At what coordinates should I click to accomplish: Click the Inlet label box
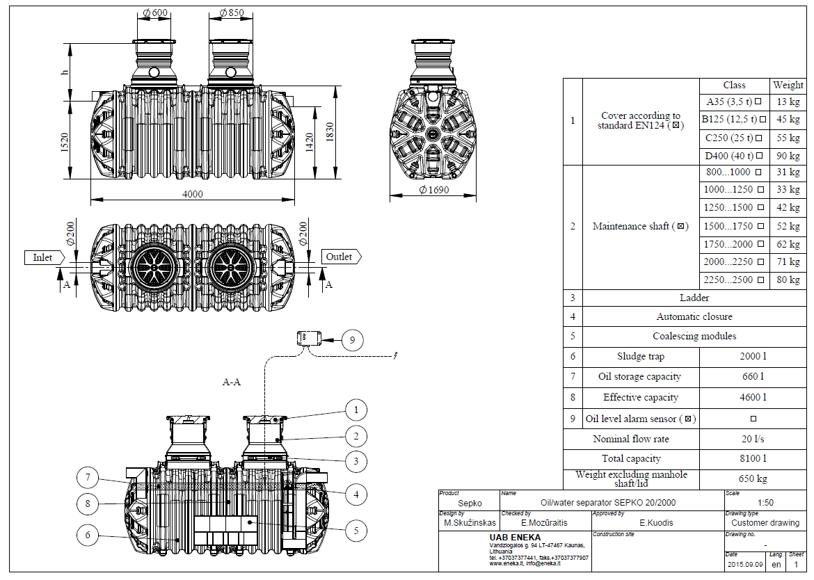click(43, 257)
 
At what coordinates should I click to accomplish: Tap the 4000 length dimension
click(192, 195)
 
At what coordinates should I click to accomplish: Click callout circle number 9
click(352, 339)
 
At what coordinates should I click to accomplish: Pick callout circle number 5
click(356, 531)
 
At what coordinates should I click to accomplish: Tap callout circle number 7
click(88, 477)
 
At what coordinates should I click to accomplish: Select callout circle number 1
click(356, 410)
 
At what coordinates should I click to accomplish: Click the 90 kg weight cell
click(788, 156)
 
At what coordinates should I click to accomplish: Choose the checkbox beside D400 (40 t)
click(760, 156)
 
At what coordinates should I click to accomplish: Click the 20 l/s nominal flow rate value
click(753, 439)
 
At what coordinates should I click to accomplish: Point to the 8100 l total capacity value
click(753, 459)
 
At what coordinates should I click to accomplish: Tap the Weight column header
click(788, 85)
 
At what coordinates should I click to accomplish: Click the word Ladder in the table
click(694, 298)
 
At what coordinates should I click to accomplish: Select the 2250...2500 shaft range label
click(728, 280)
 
